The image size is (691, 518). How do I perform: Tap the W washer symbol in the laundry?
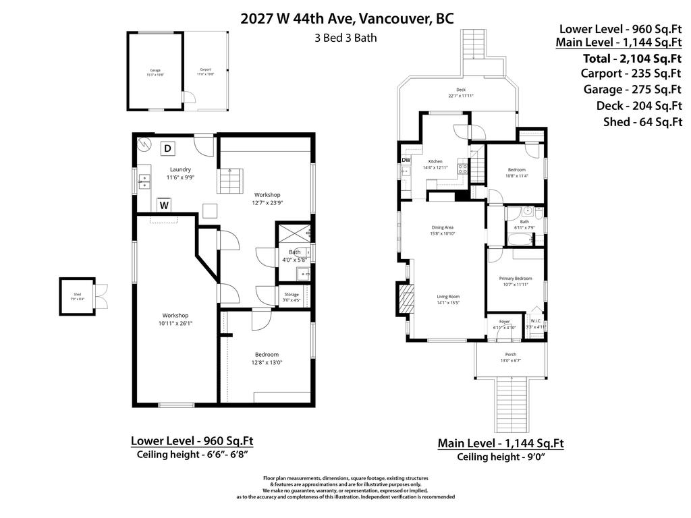coord(164,204)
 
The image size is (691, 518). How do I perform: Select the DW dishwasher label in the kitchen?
coord(406,160)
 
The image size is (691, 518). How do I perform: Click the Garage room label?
coord(155,70)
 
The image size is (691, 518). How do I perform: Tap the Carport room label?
coord(205,70)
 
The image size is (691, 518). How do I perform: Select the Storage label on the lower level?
coord(292,295)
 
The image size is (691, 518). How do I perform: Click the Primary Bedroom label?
coord(516,279)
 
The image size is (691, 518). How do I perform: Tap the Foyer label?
coord(504,322)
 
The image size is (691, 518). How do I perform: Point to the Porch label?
coord(511,355)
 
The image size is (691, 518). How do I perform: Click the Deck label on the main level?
coord(461,90)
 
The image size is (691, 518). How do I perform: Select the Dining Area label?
coord(443,227)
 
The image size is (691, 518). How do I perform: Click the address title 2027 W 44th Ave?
coord(347,18)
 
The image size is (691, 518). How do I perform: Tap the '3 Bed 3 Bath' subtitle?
coord(345,38)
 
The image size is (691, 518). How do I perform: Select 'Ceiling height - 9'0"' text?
coord(501,457)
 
